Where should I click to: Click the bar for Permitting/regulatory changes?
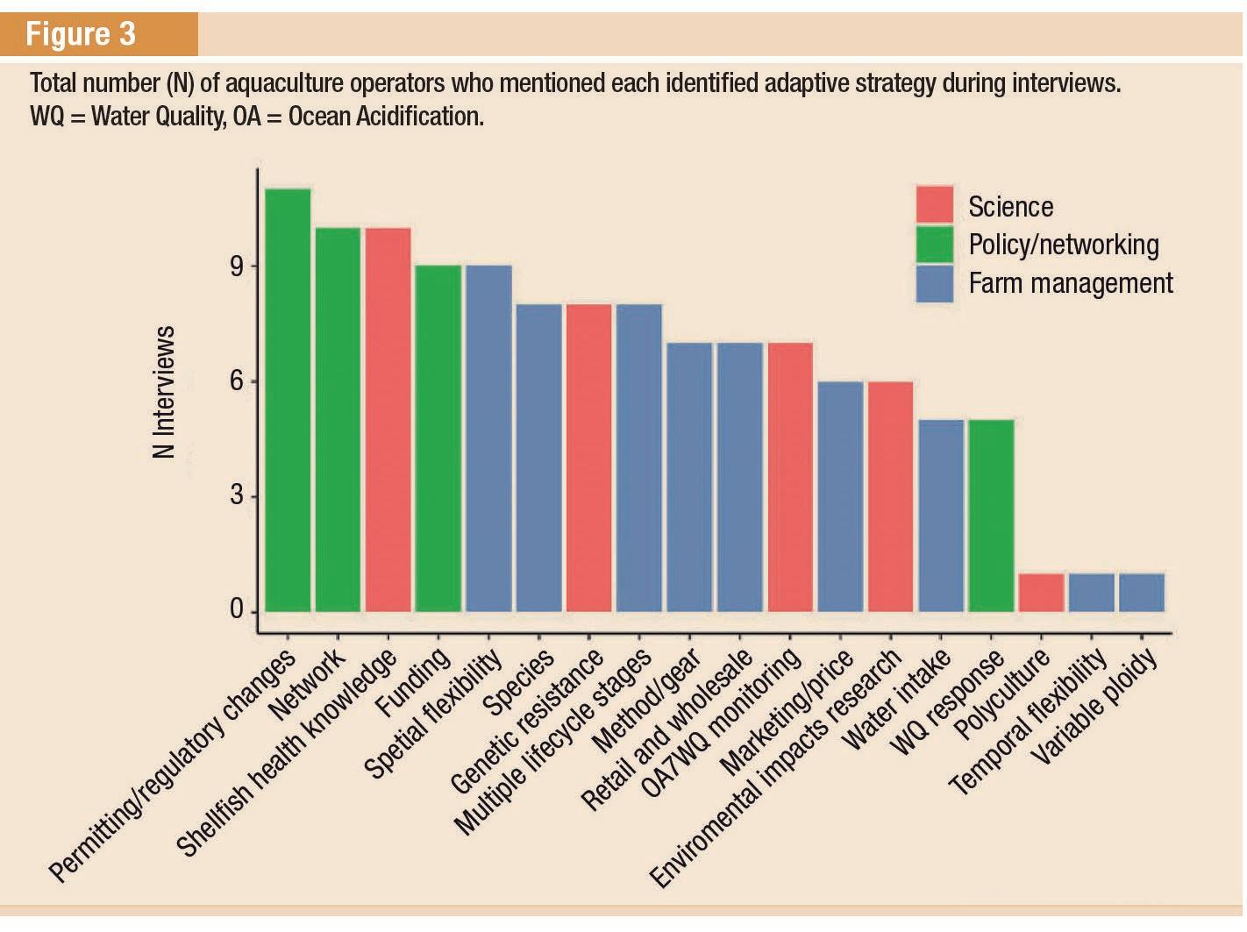pos(288,400)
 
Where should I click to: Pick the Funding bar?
pos(438,438)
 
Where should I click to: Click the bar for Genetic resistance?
pos(588,458)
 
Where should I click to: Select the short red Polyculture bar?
pos(1041,593)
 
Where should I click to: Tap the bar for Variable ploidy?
pos(1142,593)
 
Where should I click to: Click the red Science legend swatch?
pos(934,205)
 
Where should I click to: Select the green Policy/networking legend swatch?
pos(934,244)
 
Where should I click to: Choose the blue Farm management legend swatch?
pos(934,283)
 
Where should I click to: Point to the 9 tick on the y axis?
pos(238,267)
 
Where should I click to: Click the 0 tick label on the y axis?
pos(238,609)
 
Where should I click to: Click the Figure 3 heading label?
pos(81,34)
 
